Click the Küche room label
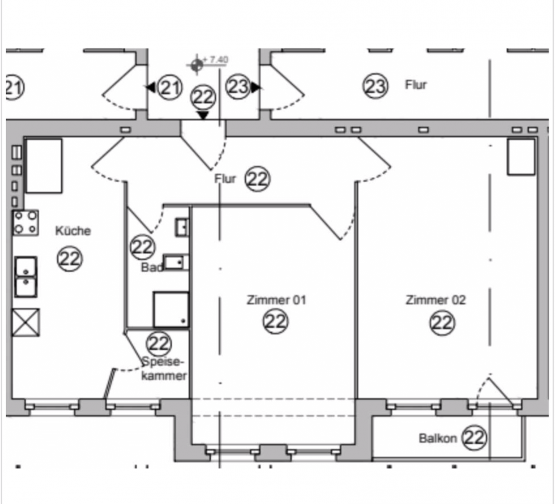pyautogui.click(x=73, y=231)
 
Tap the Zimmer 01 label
pyautogui.click(x=276, y=300)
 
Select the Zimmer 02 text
pyautogui.click(x=435, y=300)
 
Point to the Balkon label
pyautogui.click(x=437, y=438)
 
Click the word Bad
pyautogui.click(x=152, y=267)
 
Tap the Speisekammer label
pyautogui.click(x=163, y=369)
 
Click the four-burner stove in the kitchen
pyautogui.click(x=25, y=223)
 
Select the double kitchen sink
pyautogui.click(x=26, y=277)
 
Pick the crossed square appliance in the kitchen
pyautogui.click(x=26, y=323)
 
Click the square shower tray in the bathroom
pyautogui.click(x=171, y=309)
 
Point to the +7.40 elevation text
pyautogui.click(x=216, y=59)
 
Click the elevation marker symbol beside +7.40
pyautogui.click(x=197, y=65)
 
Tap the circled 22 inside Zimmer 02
pyautogui.click(x=442, y=323)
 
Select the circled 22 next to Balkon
pyautogui.click(x=474, y=437)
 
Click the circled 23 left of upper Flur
pyautogui.click(x=375, y=86)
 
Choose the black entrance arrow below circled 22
pyautogui.click(x=203, y=116)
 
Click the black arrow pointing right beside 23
pyautogui.click(x=256, y=87)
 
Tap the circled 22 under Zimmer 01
pyautogui.click(x=276, y=322)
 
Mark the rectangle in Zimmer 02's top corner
pyautogui.click(x=521, y=157)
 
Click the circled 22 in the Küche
pyautogui.click(x=69, y=259)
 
